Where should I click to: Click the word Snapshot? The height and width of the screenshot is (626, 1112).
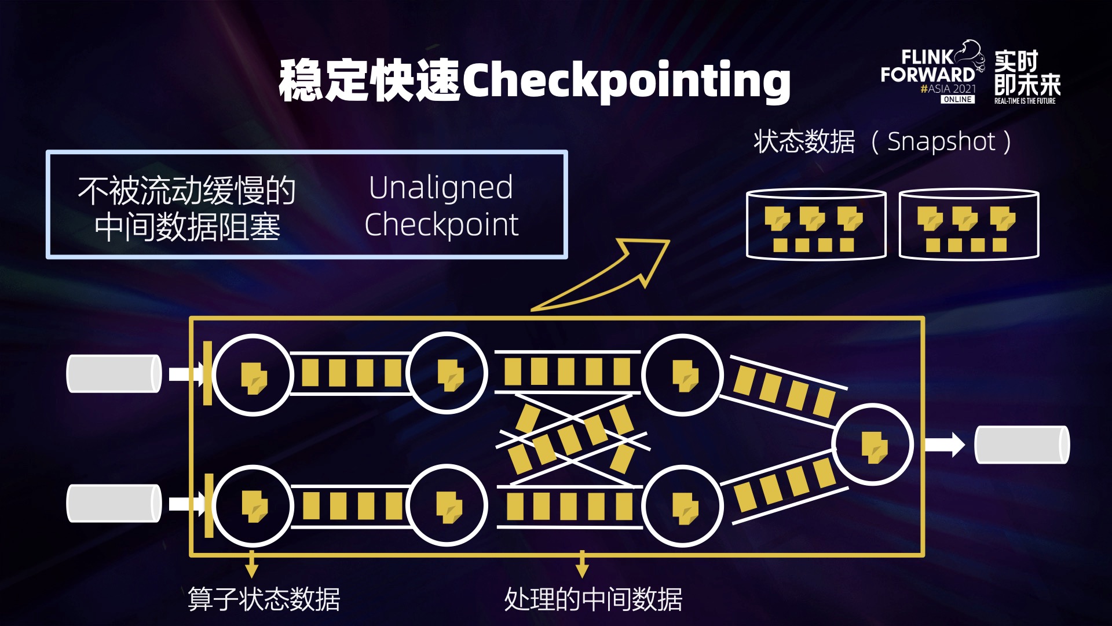(941, 141)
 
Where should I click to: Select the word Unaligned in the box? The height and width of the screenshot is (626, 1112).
(441, 188)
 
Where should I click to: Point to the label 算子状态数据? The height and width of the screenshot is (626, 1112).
(264, 599)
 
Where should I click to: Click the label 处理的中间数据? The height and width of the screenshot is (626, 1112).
(593, 599)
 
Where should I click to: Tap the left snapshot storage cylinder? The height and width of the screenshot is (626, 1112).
(816, 224)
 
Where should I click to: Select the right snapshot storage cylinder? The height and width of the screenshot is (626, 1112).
(969, 224)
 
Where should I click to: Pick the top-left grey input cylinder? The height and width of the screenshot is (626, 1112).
(114, 374)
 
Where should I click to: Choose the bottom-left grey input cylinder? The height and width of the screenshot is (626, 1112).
(114, 504)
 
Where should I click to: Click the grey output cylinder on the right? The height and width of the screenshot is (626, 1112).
(1022, 445)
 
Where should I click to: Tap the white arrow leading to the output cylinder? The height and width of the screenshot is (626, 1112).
(945, 445)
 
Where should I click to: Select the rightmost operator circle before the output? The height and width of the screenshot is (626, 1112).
(872, 445)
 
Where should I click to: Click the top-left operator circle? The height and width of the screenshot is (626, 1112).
(253, 374)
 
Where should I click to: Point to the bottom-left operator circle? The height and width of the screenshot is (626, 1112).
(253, 505)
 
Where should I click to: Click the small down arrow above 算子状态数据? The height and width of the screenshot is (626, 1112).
(251, 564)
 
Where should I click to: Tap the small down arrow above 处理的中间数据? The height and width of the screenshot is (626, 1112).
(582, 564)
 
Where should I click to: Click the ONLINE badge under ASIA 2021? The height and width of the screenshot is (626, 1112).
(957, 100)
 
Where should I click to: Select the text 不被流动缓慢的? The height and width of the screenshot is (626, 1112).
(187, 190)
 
